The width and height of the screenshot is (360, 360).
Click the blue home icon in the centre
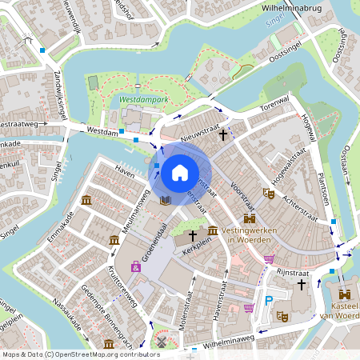pyautogui.click(x=180, y=172)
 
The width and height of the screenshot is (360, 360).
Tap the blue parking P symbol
pyautogui.click(x=269, y=302)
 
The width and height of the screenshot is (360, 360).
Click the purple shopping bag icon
pyautogui.click(x=136, y=266)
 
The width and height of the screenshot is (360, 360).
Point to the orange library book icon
pyautogui.click(x=165, y=199)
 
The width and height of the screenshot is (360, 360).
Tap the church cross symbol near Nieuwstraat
pyautogui.click(x=222, y=136)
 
